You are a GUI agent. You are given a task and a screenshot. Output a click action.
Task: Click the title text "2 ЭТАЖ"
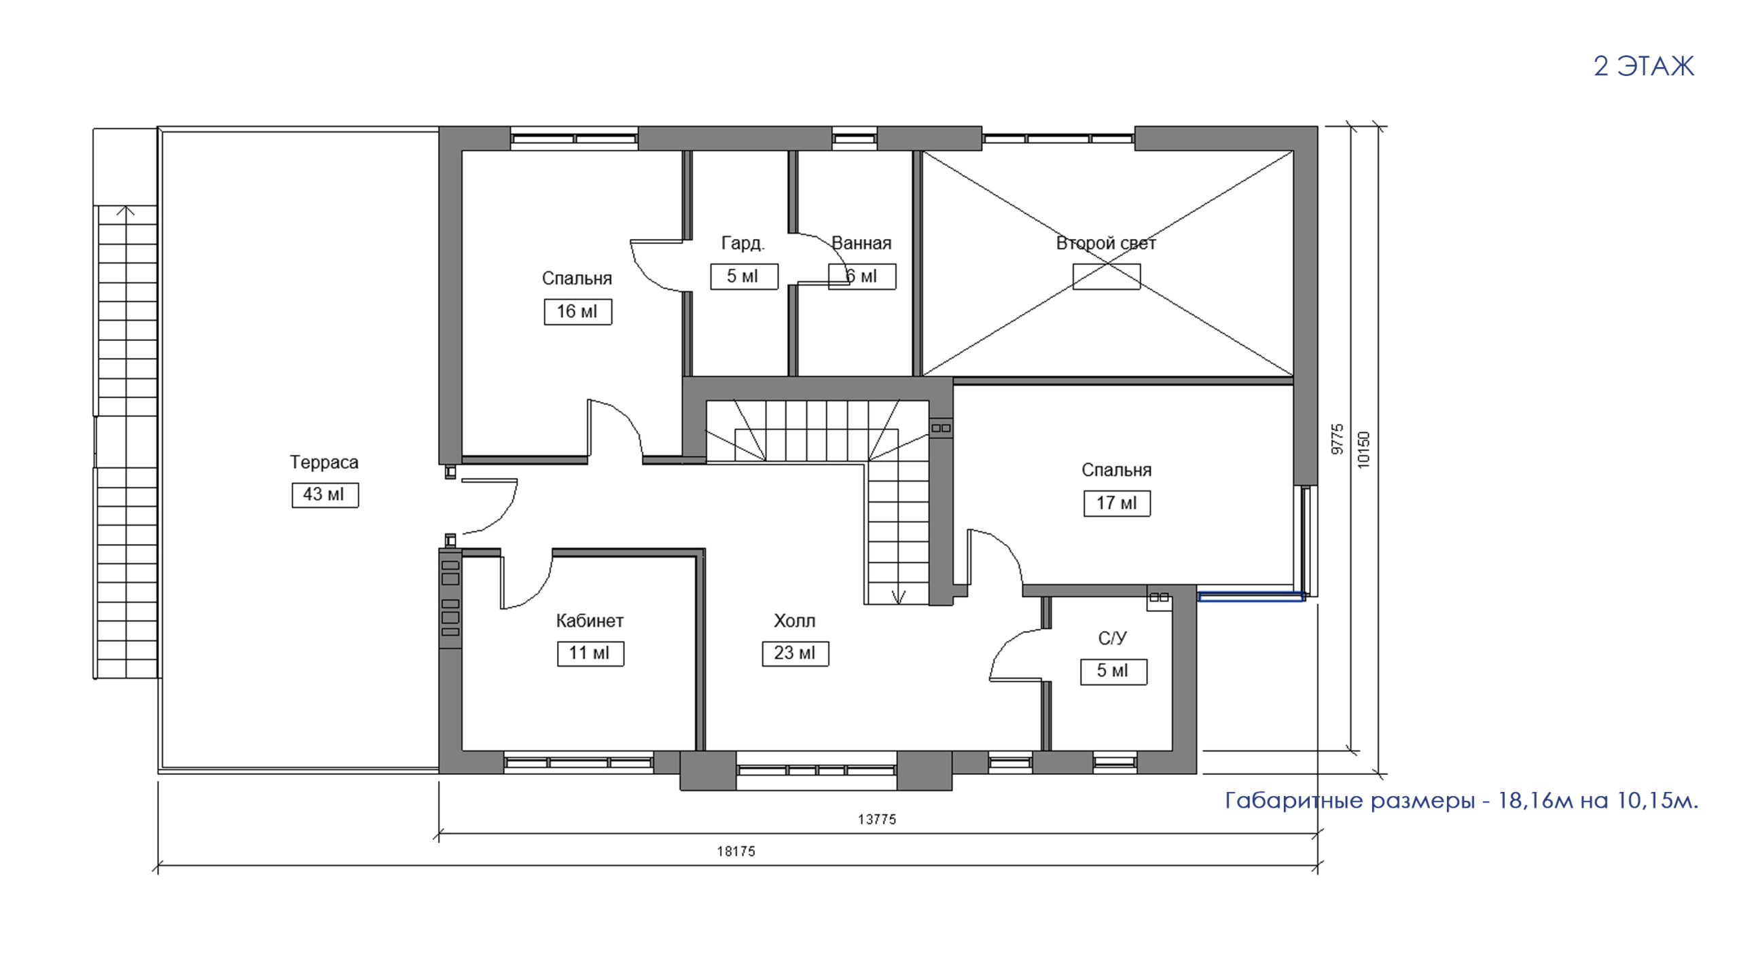[1644, 67]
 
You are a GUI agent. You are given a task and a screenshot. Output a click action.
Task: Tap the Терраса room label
[324, 463]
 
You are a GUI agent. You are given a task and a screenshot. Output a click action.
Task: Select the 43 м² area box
[325, 495]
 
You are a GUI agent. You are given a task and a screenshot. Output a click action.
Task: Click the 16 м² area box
[577, 312]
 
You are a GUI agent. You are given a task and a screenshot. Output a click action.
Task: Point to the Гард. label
[742, 243]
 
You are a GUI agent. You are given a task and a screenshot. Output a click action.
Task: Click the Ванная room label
[861, 243]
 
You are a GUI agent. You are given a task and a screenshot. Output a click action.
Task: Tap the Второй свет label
[1106, 243]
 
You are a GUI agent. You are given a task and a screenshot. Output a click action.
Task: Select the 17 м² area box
[1117, 503]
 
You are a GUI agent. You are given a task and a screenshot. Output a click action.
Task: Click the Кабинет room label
[590, 621]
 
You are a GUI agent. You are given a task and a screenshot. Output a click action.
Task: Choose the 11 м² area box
[590, 653]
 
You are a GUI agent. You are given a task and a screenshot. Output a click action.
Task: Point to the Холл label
[794, 621]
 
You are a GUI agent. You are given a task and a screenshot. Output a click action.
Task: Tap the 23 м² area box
[795, 653]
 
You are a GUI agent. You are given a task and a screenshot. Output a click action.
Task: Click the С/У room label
[1113, 638]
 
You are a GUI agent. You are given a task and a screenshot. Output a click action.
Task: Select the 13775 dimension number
[877, 820]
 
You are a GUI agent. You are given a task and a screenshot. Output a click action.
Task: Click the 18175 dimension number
[736, 852]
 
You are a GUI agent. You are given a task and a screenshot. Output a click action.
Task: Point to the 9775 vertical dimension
[1337, 439]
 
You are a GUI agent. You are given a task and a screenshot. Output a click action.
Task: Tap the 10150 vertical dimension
[1363, 450]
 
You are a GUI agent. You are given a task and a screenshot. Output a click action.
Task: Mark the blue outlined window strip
[1251, 597]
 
